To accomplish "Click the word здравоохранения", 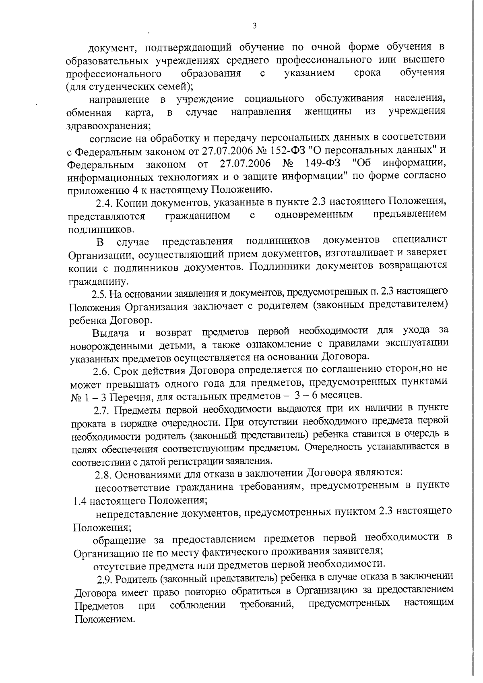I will coord(108,126).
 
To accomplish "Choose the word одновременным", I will coord(314,214).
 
